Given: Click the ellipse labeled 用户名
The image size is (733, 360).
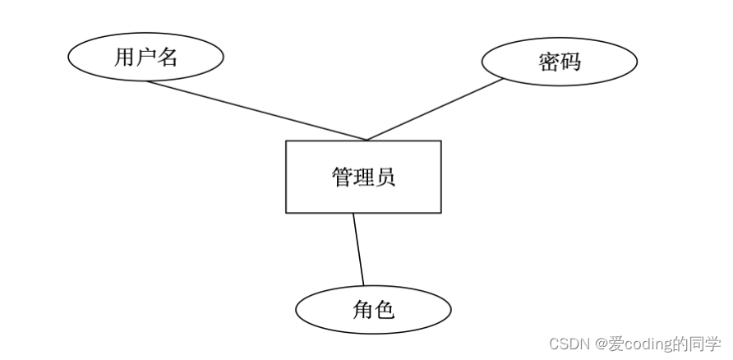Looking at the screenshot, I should click(x=145, y=58).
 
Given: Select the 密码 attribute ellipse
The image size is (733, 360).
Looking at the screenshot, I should click(x=559, y=62).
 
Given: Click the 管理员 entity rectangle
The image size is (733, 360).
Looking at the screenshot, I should click(x=363, y=177).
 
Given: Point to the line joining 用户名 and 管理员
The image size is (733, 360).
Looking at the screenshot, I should click(x=255, y=110).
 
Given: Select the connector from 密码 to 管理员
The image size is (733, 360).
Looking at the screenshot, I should click(x=434, y=110).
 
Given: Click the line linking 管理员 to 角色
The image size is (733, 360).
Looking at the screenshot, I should click(x=358, y=249).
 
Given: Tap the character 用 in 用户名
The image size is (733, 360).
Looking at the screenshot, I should click(x=124, y=58).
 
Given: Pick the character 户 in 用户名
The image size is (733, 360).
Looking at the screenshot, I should click(x=145, y=58).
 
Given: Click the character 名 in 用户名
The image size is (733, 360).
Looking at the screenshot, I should click(x=167, y=58).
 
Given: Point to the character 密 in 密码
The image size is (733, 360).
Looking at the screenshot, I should click(x=548, y=62).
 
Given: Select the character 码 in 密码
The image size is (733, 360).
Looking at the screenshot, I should click(x=569, y=62).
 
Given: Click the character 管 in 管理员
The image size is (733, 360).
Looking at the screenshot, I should click(x=342, y=178).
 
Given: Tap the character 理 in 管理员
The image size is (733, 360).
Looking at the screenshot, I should click(x=363, y=178).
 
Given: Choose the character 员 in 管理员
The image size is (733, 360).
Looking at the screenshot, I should click(x=385, y=178).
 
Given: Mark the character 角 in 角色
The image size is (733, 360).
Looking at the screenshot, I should click(x=362, y=310).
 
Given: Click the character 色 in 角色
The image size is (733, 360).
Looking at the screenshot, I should click(x=384, y=310).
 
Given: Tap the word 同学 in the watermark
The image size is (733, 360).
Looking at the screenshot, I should click(x=705, y=344).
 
